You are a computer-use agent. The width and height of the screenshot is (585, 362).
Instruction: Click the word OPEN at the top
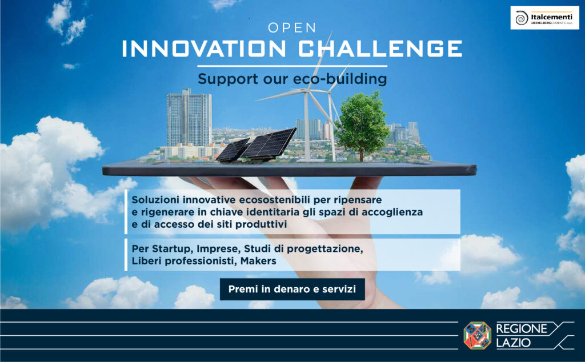(292, 27)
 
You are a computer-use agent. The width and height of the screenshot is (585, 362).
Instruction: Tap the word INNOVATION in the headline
(204, 49)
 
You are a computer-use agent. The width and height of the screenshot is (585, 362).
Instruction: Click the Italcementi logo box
(544, 18)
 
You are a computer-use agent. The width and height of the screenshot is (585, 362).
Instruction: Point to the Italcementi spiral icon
(521, 18)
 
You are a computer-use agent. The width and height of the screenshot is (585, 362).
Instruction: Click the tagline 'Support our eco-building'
(292, 79)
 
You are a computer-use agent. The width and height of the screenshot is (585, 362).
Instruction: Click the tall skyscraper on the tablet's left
(189, 118)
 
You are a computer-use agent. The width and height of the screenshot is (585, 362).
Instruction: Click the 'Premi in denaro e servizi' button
(292, 289)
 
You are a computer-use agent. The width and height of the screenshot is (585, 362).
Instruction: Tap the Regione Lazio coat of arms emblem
(477, 335)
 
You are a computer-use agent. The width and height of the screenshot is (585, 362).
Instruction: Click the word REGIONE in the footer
(521, 328)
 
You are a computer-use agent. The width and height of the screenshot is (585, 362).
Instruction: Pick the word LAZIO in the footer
(514, 343)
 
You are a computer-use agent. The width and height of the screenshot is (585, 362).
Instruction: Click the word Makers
(258, 261)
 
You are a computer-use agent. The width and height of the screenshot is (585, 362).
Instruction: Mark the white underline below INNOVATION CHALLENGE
(292, 66)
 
